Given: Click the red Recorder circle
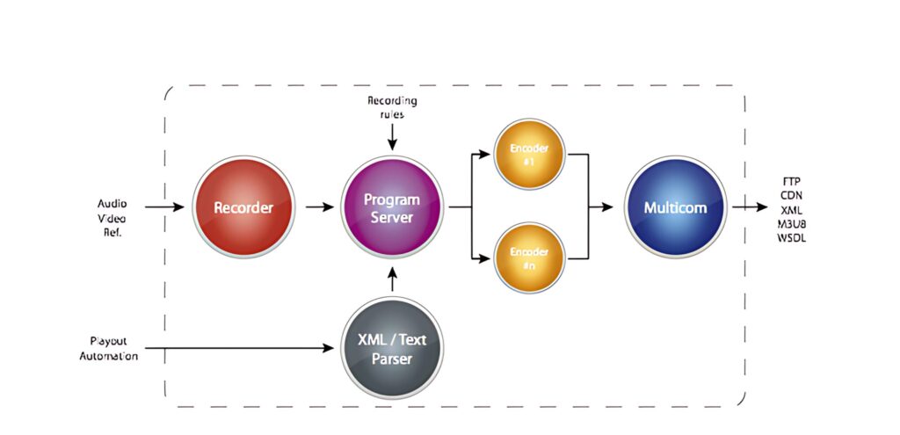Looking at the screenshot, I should click(243, 208).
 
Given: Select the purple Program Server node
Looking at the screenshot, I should click(392, 208).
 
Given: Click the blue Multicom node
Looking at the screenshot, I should click(676, 208).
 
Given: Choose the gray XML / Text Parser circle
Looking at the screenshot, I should click(392, 349).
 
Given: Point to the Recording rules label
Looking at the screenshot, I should click(392, 105).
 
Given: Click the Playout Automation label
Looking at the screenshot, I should click(114, 348).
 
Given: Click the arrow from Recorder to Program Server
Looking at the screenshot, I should click(320, 208).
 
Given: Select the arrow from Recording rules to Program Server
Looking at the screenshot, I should click(392, 135).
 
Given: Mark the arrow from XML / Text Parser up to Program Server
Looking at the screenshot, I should click(392, 279).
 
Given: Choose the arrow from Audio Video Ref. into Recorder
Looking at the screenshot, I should click(164, 208).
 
